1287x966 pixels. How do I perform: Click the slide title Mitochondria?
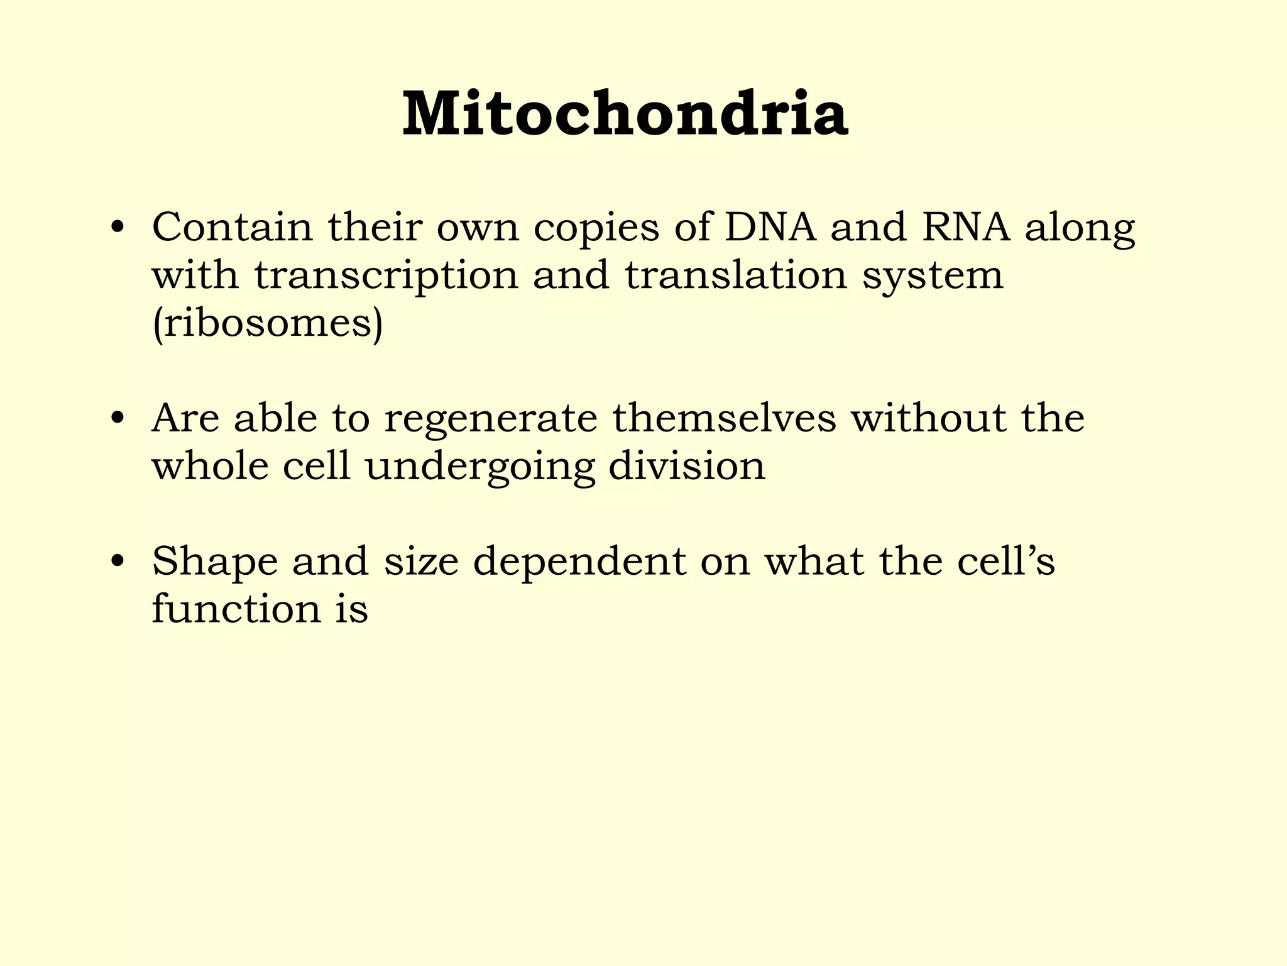coord(625,114)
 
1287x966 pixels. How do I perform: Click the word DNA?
coord(770,227)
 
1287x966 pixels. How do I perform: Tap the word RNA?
coord(966,227)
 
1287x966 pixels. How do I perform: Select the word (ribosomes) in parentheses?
coord(267,324)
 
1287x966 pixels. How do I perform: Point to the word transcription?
coord(386,277)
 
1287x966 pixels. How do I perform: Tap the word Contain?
coord(232,227)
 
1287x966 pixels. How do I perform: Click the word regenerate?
coord(490,420)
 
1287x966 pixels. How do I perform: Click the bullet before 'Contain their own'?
coord(116,228)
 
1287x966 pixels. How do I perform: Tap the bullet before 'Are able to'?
coord(116,419)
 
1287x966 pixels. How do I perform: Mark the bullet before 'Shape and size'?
coord(116,562)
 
